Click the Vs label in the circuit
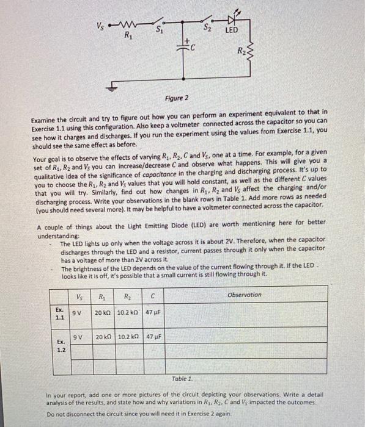point(98,25)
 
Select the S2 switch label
point(208,27)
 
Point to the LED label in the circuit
point(232,30)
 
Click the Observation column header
point(244,295)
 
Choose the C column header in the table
point(153,297)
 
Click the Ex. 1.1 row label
point(60,314)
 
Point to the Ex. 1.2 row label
point(61,346)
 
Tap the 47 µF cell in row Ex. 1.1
point(153,312)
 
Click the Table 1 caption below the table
point(182,378)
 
